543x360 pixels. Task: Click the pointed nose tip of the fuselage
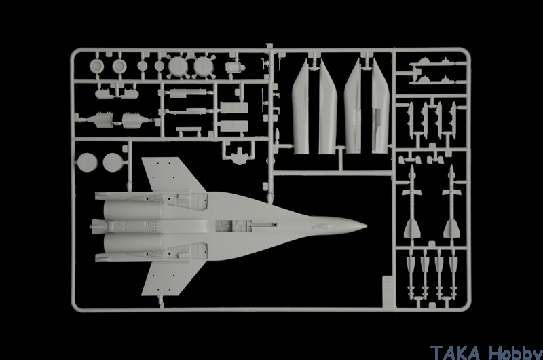(367, 226)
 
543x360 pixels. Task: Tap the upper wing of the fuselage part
(172, 173)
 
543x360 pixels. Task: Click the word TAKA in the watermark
(455, 353)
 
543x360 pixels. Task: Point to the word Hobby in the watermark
(515, 353)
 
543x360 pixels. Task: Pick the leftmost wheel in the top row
(96, 66)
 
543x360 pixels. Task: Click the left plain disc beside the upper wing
(88, 162)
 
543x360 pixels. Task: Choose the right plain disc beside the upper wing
(113, 162)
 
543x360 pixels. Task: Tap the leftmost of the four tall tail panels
(300, 107)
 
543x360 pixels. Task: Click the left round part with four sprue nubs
(178, 66)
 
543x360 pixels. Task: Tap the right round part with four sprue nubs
(203, 66)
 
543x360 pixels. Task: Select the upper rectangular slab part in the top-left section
(233, 108)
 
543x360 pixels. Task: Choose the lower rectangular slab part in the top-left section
(233, 126)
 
